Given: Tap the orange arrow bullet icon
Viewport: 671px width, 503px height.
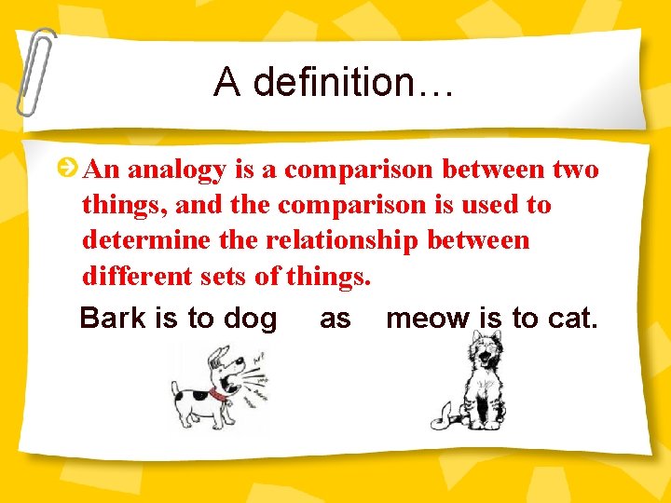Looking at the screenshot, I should [x=67, y=169].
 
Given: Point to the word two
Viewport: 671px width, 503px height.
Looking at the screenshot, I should [x=576, y=170].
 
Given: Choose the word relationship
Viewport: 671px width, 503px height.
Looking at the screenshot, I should [x=342, y=240].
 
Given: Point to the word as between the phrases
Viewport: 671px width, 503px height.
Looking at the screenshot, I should [x=335, y=319].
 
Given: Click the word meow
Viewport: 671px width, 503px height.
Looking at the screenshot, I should [x=429, y=319].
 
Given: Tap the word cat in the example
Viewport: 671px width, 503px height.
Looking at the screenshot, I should [x=571, y=319].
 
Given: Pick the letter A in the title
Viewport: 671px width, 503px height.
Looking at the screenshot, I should [x=226, y=83].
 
